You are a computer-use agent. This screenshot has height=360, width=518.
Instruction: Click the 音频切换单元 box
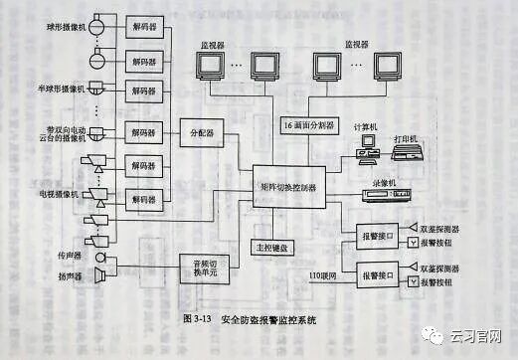pos(202,267)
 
